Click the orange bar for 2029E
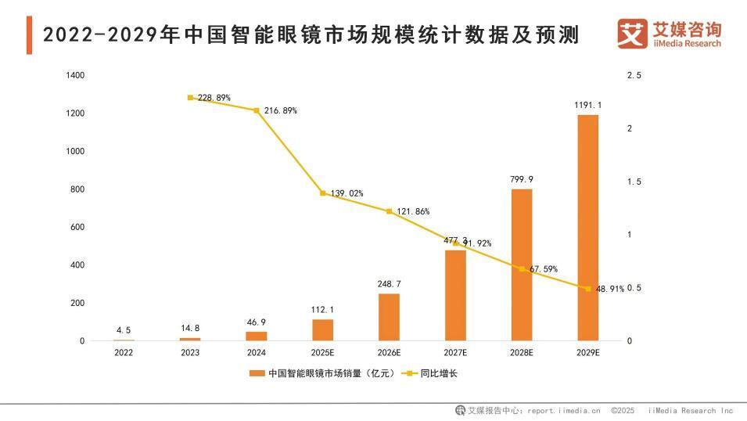click(587, 228)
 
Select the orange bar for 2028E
click(522, 264)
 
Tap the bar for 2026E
click(389, 317)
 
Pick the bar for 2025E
click(322, 329)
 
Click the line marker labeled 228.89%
click(190, 98)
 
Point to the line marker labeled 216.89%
click(257, 110)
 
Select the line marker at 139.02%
click(322, 193)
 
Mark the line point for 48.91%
click(587, 289)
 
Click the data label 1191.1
click(587, 105)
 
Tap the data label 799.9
click(522, 179)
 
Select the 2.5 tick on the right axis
click(634, 76)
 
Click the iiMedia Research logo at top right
click(670, 34)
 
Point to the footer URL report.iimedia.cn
click(563, 410)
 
